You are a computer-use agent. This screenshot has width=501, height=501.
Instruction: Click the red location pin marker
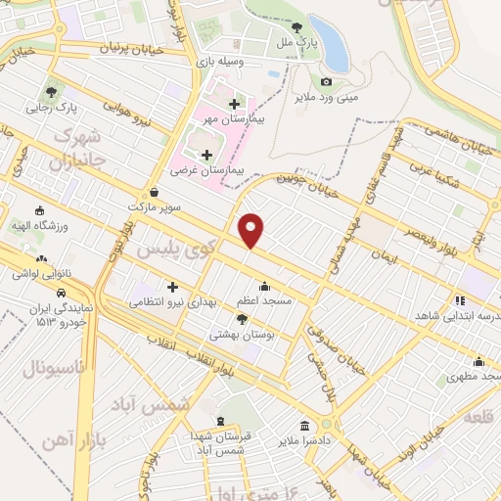[252, 230]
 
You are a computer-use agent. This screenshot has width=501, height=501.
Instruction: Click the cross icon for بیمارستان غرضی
[205, 155]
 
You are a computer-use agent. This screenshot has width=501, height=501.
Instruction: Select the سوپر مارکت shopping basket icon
[155, 193]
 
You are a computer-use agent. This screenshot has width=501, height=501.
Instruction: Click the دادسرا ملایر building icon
[305, 427]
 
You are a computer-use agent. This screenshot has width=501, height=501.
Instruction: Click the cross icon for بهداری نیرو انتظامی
[173, 288]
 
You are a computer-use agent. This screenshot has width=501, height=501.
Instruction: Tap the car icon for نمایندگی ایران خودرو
[61, 293]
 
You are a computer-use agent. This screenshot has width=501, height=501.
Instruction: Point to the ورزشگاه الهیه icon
[40, 209]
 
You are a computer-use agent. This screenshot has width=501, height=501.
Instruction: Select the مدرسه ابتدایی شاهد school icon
[458, 300]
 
